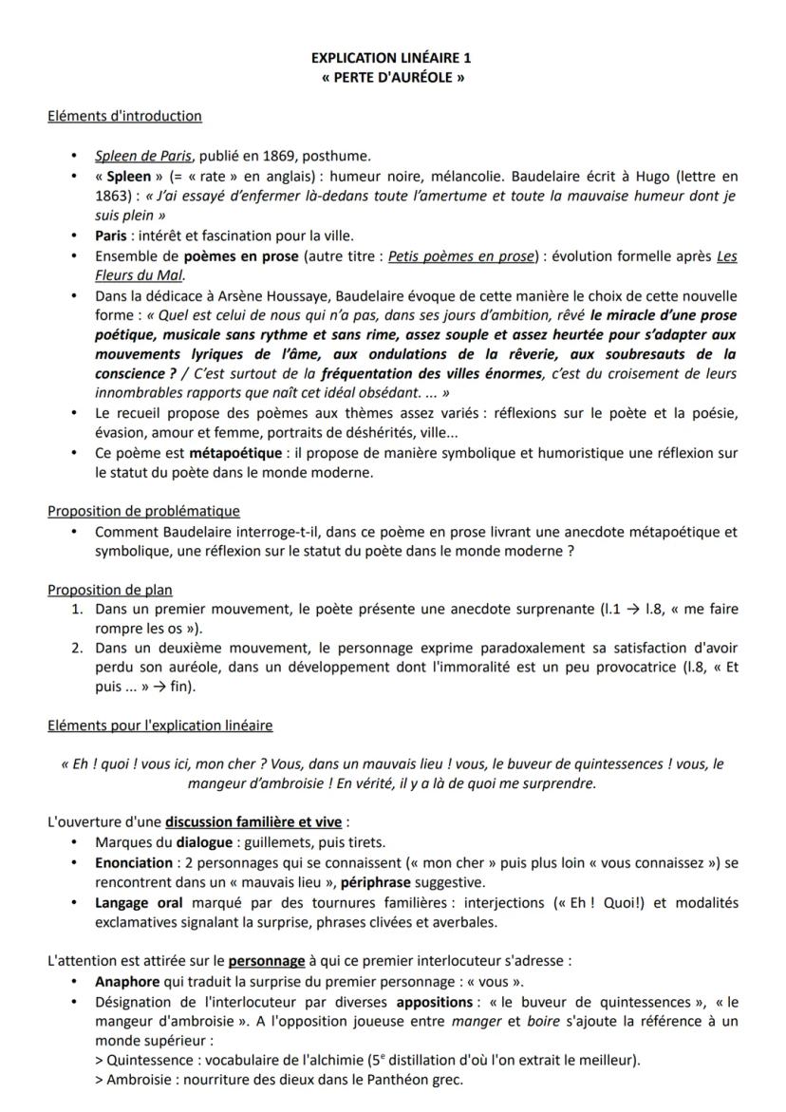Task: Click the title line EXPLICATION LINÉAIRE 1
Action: point(392,59)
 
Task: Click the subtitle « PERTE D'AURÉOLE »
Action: point(392,77)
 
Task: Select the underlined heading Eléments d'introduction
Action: point(124,116)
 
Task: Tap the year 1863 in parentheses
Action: point(119,196)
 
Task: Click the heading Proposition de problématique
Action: point(143,512)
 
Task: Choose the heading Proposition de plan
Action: point(110,590)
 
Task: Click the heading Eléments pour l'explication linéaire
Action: point(159,726)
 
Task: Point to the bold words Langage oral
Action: point(139,902)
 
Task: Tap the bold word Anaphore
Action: point(127,981)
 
